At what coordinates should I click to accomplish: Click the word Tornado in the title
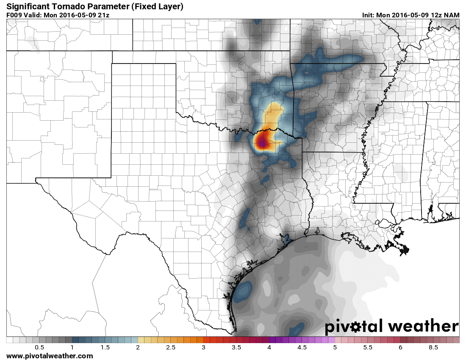click(68, 6)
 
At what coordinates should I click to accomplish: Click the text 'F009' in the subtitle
click(14, 15)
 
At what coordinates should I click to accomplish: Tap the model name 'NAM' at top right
click(452, 15)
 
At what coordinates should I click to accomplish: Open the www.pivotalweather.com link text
click(50, 356)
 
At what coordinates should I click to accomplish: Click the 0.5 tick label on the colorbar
click(39, 347)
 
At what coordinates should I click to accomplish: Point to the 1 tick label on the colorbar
click(72, 347)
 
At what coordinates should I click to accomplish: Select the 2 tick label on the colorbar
click(138, 347)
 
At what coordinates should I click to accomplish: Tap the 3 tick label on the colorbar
click(204, 347)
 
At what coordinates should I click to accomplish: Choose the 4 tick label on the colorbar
click(269, 347)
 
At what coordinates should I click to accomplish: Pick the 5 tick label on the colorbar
click(335, 347)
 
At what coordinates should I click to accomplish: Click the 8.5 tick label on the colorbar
click(433, 347)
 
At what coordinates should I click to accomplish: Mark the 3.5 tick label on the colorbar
click(236, 347)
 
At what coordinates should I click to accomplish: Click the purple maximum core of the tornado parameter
click(263, 144)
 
